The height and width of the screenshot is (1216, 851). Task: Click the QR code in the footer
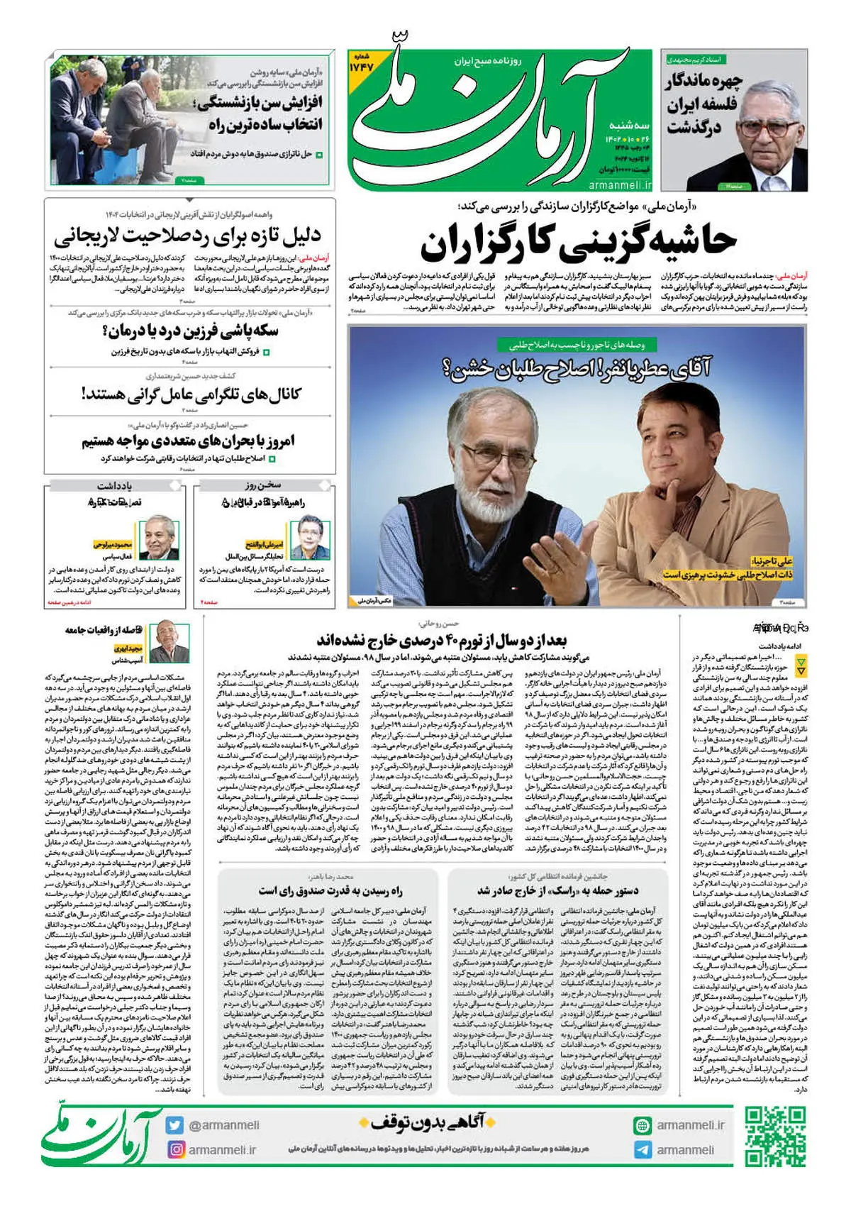[775, 1137]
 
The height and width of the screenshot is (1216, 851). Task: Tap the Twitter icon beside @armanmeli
[174, 1125]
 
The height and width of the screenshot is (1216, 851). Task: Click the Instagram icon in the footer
[174, 1149]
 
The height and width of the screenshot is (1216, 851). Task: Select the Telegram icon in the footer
[643, 1150]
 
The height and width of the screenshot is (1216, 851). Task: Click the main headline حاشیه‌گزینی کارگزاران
[578, 243]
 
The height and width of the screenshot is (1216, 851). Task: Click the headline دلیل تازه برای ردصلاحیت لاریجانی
[187, 236]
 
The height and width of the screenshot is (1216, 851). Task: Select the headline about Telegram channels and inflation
[191, 394]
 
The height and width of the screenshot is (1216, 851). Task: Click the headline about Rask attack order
[557, 890]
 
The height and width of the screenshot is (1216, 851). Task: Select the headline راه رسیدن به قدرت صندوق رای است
[330, 890]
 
